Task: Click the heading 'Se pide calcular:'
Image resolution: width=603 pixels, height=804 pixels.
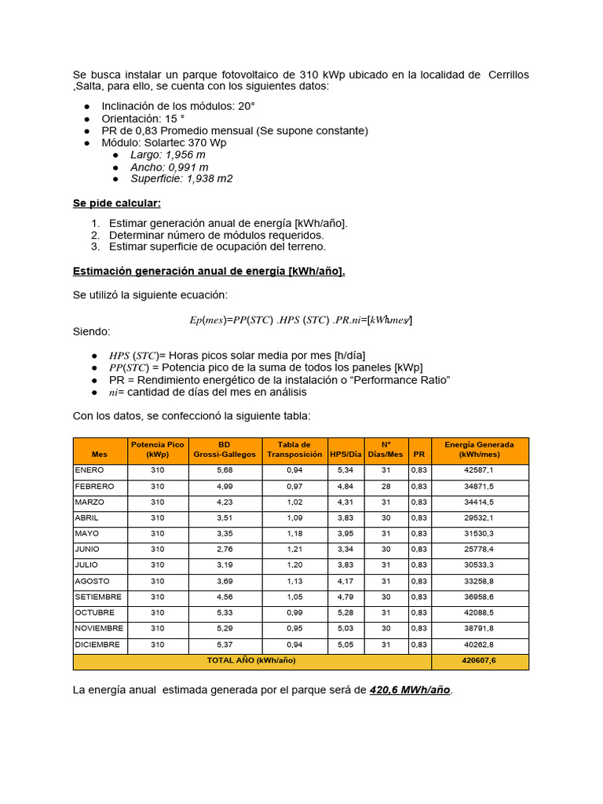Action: click(117, 203)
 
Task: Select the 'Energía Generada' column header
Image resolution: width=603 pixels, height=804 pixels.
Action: click(479, 449)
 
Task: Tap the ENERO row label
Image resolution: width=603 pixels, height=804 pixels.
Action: click(89, 470)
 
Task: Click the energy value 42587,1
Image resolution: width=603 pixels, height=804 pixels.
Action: click(479, 470)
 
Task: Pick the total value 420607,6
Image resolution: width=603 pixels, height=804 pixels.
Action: click(479, 661)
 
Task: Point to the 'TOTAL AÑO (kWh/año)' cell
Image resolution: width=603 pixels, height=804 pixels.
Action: click(251, 661)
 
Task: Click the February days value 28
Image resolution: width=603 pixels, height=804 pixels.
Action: click(386, 487)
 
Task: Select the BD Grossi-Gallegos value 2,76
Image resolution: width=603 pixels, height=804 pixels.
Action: click(225, 550)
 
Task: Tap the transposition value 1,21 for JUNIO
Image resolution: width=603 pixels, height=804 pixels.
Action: click(294, 550)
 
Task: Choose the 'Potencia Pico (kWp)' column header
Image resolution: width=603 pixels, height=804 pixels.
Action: click(157, 449)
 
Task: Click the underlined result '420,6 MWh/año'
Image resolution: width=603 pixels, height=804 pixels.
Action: click(411, 690)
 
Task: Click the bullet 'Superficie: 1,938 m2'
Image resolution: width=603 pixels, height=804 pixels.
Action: click(181, 178)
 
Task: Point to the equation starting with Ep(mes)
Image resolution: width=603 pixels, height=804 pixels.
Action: click(301, 320)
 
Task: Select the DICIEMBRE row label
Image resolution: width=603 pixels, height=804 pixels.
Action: click(97, 645)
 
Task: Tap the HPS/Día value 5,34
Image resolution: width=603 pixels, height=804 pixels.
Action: click(345, 470)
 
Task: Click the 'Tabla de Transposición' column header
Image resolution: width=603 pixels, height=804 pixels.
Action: click(294, 449)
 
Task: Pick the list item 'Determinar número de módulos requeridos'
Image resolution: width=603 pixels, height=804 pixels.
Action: click(216, 235)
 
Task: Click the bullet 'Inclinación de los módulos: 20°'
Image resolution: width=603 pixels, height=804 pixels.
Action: click(178, 106)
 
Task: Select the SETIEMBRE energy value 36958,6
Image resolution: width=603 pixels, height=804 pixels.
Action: click(479, 597)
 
